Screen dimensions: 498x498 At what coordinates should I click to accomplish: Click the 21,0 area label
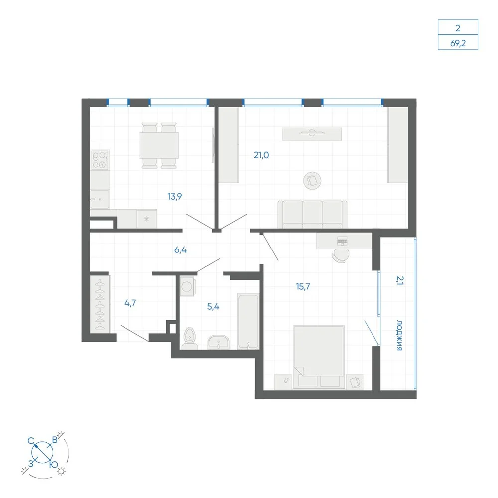click(261, 155)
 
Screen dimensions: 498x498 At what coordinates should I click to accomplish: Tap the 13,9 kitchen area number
click(175, 197)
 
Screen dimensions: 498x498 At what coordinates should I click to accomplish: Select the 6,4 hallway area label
click(180, 250)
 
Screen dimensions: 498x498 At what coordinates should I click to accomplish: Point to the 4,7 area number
click(130, 303)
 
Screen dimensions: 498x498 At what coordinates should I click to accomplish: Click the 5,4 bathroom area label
click(213, 306)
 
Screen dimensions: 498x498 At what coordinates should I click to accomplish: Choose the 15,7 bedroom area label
click(303, 286)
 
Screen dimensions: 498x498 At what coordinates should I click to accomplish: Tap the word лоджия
click(399, 335)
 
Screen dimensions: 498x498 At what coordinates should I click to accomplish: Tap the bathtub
click(248, 321)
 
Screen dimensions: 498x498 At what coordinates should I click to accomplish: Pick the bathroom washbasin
click(218, 342)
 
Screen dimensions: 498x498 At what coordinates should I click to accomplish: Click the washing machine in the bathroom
click(187, 286)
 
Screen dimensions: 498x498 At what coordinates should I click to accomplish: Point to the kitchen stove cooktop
click(100, 160)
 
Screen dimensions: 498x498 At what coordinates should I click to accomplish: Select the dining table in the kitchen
click(159, 145)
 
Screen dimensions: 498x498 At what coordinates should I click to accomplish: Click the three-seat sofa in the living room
click(312, 214)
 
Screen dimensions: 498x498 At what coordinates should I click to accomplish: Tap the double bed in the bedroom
click(319, 357)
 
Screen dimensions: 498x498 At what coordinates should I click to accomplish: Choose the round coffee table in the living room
click(312, 181)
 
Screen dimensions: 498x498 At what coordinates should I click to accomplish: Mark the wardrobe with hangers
click(100, 304)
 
